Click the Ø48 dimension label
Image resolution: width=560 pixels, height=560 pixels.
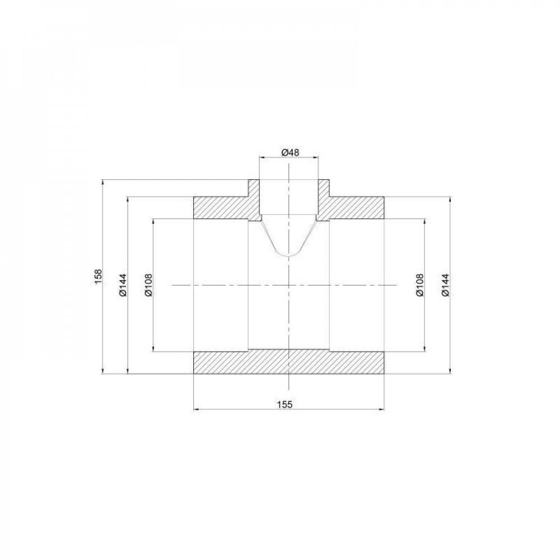(288, 152)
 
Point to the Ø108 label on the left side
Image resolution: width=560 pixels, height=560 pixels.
(148, 285)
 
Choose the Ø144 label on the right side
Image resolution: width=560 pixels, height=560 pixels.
(446, 285)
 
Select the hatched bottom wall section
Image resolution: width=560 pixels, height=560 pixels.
(288, 363)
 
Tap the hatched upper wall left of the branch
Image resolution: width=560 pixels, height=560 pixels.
(221, 208)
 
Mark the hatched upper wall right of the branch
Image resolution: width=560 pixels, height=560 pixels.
(356, 208)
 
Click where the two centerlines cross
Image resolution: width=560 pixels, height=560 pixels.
(288, 286)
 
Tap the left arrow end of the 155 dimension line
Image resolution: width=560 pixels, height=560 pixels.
(193, 410)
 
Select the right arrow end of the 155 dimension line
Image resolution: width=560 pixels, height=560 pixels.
(384, 410)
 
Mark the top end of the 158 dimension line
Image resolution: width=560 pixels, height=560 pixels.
(102, 180)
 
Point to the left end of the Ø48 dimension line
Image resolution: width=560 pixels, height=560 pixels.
(259, 158)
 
